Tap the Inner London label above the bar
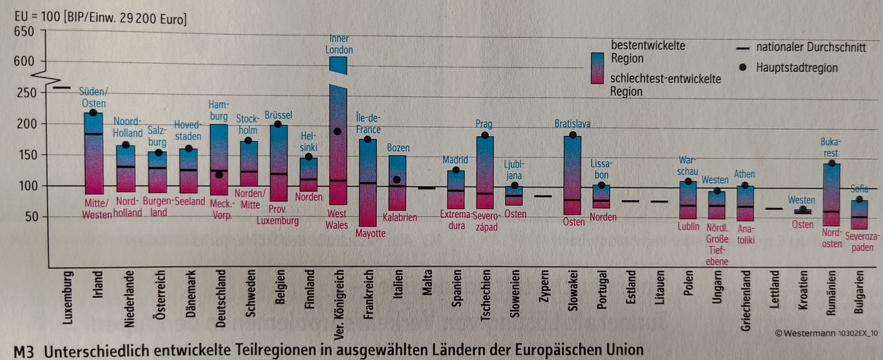point(338,44)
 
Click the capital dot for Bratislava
point(573,135)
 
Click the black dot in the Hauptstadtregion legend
point(743,67)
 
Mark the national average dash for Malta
point(427,187)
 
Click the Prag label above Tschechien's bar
point(484,124)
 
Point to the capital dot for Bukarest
point(831,163)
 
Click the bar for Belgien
point(278,163)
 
